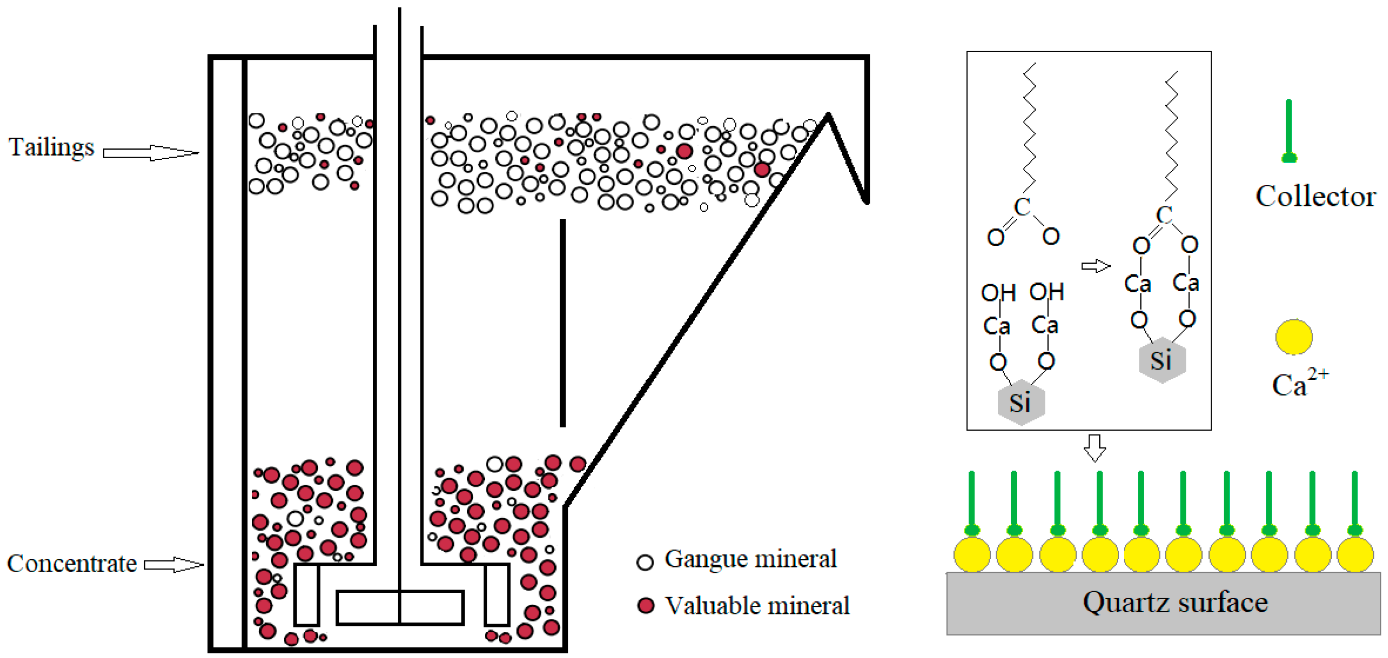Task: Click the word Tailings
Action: (51, 147)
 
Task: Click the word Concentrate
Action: (72, 564)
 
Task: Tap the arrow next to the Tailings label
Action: (151, 153)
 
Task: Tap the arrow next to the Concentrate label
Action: (173, 565)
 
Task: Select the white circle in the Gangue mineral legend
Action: (645, 562)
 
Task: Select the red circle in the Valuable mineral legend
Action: (646, 606)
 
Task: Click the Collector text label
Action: (1315, 196)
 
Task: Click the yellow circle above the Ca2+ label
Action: (1294, 337)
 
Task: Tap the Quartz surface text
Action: (1175, 602)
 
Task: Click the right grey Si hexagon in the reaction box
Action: (1162, 360)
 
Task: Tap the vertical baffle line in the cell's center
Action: (563, 323)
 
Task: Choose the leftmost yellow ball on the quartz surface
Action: (972, 555)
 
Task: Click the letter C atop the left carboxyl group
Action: (1022, 207)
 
